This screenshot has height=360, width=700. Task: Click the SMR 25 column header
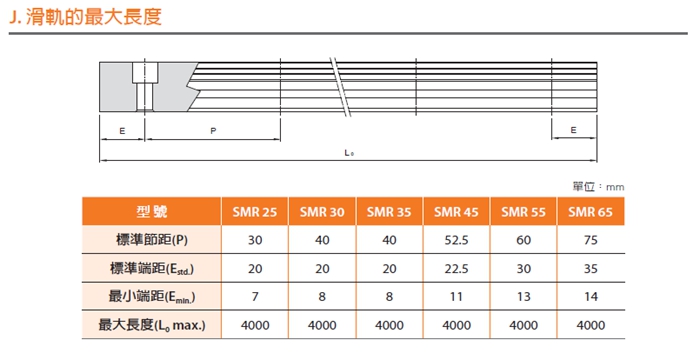(x=255, y=212)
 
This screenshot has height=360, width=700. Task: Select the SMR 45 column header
(x=456, y=212)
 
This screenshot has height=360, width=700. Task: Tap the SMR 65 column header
(x=590, y=212)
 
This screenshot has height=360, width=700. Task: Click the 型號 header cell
(x=152, y=211)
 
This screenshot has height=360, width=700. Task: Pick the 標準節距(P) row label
(x=152, y=240)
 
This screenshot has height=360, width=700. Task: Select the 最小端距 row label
(x=152, y=296)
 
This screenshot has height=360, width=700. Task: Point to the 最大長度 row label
(x=152, y=325)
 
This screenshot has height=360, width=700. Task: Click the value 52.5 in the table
(x=456, y=240)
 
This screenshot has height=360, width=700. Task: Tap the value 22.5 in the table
(x=456, y=269)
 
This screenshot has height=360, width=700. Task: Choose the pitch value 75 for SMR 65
(x=590, y=240)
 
